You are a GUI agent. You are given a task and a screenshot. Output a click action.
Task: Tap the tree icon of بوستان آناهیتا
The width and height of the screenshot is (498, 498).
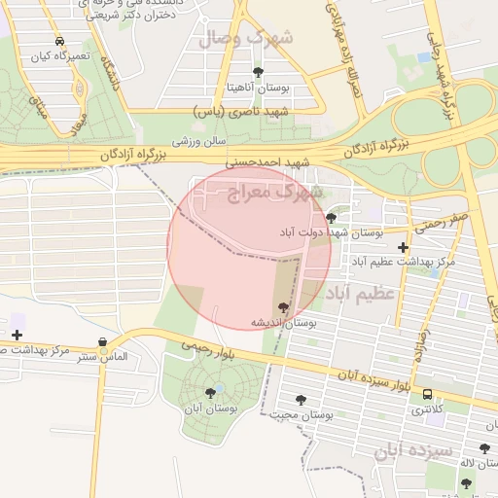point(258,72)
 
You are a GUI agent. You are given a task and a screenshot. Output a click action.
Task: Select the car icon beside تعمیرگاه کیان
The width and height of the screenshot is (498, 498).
point(60,42)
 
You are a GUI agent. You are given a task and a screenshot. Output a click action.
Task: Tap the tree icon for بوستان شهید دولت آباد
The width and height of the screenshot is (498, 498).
point(332,218)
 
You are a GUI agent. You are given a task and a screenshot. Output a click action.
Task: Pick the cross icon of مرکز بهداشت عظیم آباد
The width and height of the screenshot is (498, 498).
point(403,247)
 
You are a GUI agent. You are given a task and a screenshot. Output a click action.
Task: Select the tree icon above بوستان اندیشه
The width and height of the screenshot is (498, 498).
point(284,308)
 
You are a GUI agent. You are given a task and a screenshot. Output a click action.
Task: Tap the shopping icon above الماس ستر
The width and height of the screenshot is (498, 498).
point(103,341)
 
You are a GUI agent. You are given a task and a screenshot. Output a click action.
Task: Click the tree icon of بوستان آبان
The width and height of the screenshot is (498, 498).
point(211,393)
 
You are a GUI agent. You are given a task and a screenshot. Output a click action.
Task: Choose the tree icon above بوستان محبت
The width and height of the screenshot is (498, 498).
point(301,400)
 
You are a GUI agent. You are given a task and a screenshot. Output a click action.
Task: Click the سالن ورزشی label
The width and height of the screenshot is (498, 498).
point(200,142)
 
